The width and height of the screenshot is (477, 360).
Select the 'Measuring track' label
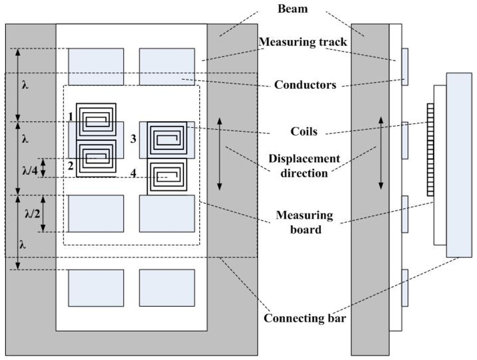coord(303,42)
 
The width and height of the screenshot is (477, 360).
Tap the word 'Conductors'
coord(305,86)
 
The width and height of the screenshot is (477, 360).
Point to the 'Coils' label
coord(305,132)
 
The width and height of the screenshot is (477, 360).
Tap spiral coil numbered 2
coord(96,157)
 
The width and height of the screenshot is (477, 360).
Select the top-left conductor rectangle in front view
coord(96,66)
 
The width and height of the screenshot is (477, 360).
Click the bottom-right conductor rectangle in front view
coord(167,287)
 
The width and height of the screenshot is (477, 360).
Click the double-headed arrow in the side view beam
coord(381,153)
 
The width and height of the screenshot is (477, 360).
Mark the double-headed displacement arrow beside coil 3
coord(219,153)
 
